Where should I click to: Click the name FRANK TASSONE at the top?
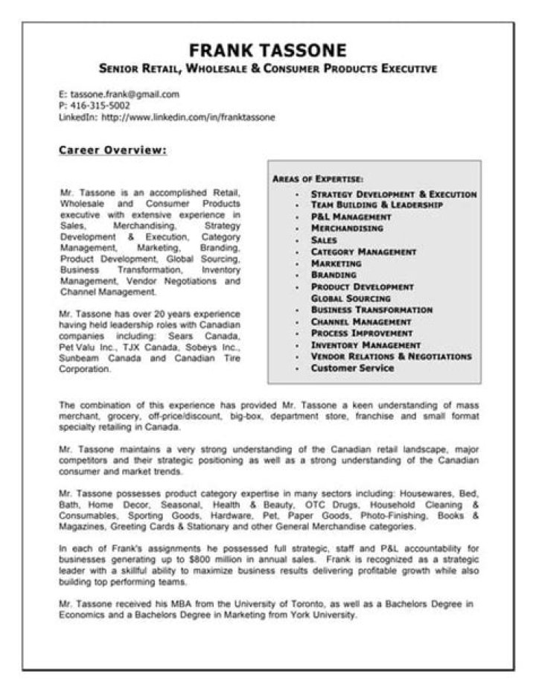point(268,51)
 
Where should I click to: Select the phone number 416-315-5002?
point(99,106)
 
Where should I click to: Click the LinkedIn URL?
point(188,117)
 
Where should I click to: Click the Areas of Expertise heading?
point(318,179)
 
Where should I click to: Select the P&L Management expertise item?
point(351,217)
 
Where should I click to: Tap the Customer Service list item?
point(352,368)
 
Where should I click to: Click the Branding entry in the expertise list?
point(334,275)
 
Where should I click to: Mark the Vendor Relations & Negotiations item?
point(391,356)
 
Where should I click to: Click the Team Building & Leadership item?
point(377,205)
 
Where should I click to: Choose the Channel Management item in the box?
point(361,321)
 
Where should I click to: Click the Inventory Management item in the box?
point(366,345)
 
